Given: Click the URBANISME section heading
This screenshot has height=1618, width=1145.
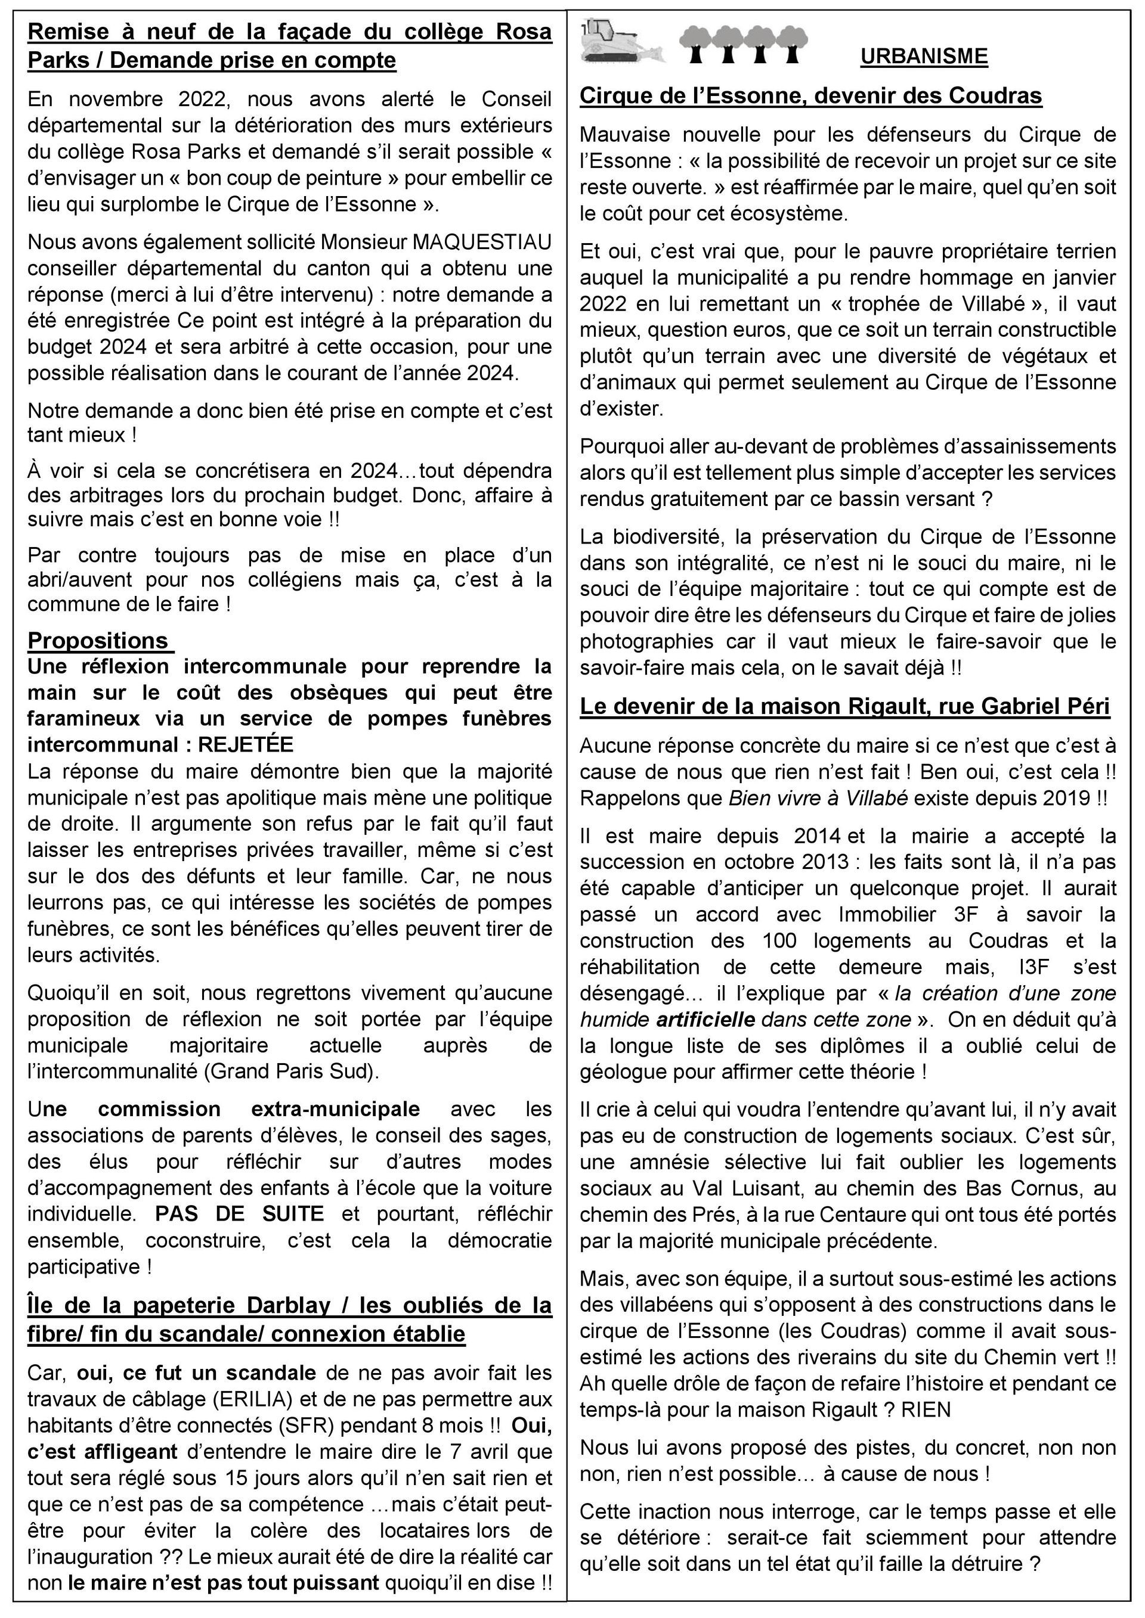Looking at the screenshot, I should (x=924, y=57).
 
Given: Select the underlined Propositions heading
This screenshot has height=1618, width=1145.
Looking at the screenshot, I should (x=99, y=641).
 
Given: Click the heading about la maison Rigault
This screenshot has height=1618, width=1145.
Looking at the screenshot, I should (x=844, y=707).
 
